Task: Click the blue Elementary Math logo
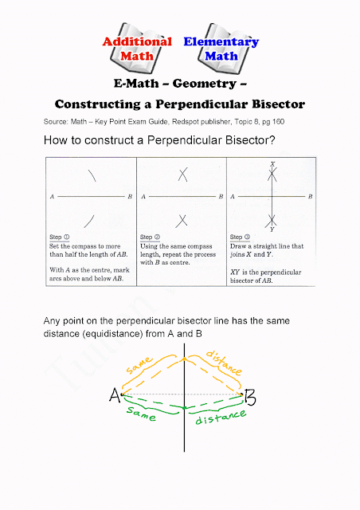[x=221, y=49]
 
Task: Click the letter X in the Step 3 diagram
[x=272, y=163]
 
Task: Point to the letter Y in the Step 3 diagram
[x=273, y=228]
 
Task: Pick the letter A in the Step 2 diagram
[x=143, y=196]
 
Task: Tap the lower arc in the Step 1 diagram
[x=93, y=219]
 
